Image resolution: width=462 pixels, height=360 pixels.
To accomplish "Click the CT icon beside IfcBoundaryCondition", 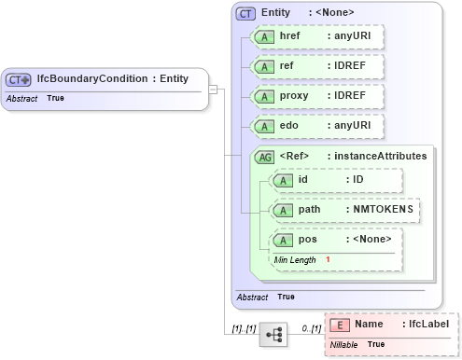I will [x=19, y=80].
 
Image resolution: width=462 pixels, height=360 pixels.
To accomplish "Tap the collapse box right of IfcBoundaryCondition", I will [x=213, y=90].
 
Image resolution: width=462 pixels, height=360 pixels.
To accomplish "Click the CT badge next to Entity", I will [x=246, y=13].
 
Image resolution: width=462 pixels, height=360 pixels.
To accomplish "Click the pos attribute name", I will [x=307, y=240].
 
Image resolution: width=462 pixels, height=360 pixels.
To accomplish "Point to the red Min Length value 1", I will [x=329, y=258].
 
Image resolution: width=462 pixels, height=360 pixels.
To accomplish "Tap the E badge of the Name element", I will [x=341, y=325].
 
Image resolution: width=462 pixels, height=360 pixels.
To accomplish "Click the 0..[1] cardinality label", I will [x=311, y=329].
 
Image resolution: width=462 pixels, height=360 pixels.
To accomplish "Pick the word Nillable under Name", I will [x=344, y=345].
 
